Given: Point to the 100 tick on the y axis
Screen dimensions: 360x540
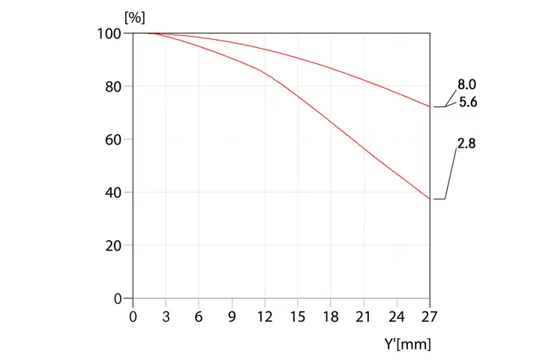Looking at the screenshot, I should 110,34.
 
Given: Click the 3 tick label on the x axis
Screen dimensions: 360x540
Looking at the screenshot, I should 166,316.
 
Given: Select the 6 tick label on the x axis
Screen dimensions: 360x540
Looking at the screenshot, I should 199,316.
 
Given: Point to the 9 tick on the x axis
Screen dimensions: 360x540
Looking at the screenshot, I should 232,316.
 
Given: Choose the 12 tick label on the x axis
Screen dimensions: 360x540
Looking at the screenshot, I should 265,316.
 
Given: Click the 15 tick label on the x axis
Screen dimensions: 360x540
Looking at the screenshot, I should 298,316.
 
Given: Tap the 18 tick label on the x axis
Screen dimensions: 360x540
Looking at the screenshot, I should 331,316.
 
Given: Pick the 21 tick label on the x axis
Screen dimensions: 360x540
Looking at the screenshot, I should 364,316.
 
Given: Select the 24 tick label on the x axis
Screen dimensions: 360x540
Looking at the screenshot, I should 397,316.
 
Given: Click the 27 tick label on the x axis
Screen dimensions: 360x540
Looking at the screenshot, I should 430,316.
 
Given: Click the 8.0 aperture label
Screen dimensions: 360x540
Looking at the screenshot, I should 467,86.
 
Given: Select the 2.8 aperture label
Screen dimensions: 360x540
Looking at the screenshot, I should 466,143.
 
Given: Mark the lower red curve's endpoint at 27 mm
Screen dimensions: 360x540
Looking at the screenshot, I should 430,199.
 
